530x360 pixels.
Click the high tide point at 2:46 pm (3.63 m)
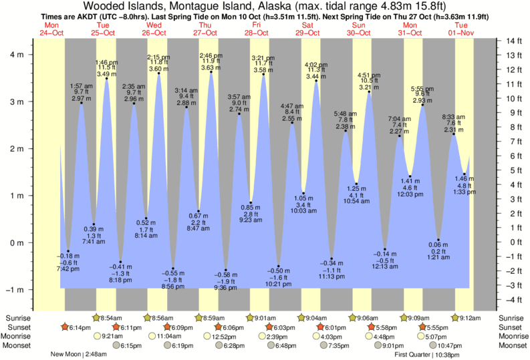[x=211, y=72]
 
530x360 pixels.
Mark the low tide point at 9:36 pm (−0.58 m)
[x=226, y=270]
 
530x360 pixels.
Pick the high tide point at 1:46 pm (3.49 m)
[x=107, y=79]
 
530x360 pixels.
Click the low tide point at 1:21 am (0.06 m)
[x=438, y=240]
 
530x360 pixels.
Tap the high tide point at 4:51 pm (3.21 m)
[x=369, y=92]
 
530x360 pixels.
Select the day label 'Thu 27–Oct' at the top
[x=206, y=29]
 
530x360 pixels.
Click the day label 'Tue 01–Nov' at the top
[x=461, y=29]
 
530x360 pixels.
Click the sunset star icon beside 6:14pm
[x=65, y=327]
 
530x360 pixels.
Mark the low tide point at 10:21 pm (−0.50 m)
[x=279, y=266]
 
